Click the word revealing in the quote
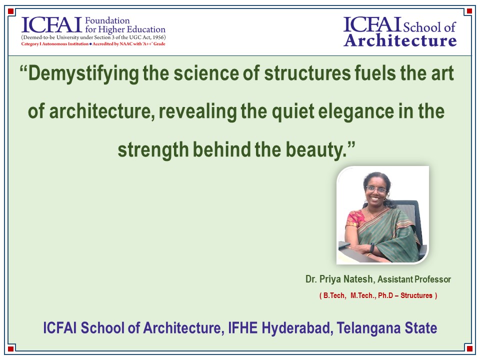[x=198, y=111]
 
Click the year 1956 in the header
[x=158, y=37]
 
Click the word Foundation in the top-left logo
[x=107, y=20]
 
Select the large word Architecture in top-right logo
[x=400, y=40]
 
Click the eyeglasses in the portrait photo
[x=376, y=189]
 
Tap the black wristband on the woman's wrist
[x=372, y=247]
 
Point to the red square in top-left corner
[x=11, y=11]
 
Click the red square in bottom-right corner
[x=469, y=348]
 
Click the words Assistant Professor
[x=414, y=279]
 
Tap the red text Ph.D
[x=385, y=295]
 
